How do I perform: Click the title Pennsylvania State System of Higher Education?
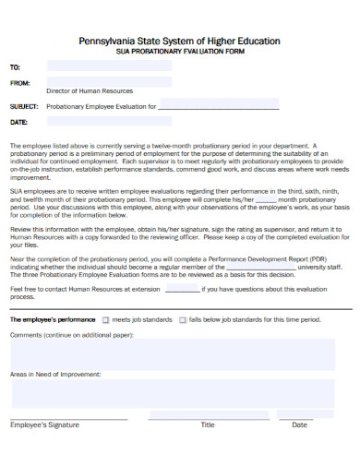180,42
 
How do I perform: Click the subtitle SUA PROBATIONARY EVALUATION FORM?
180,53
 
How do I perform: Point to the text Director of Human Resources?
90,91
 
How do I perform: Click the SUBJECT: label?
24,106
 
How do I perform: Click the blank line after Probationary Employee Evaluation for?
219,106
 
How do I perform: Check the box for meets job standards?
106,320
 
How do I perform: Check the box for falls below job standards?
183,320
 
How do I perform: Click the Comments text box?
180,352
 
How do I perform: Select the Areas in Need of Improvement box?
180,395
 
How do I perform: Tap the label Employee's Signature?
44,425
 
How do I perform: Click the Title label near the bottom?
208,425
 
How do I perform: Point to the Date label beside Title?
299,425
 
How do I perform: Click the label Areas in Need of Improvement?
55,375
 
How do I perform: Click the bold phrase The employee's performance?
52,319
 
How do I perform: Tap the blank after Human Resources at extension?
182,289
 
